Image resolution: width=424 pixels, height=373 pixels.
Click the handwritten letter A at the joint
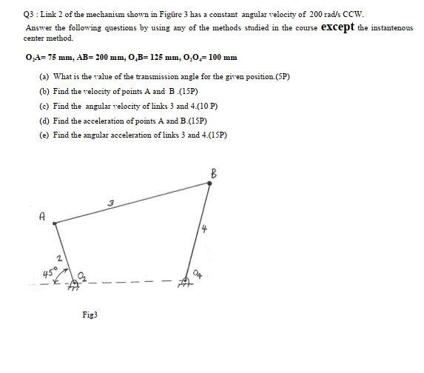pyautogui.click(x=43, y=218)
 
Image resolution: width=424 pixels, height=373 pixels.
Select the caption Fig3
pyautogui.click(x=90, y=315)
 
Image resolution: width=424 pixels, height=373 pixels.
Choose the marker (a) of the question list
pyautogui.click(x=44, y=76)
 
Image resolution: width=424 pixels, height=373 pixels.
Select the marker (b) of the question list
pyautogui.click(x=44, y=91)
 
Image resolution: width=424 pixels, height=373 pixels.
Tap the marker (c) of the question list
pyautogui.click(x=44, y=106)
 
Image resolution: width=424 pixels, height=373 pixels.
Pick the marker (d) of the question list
pyautogui.click(x=44, y=121)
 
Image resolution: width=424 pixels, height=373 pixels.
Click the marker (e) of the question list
pyautogui.click(x=44, y=135)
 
